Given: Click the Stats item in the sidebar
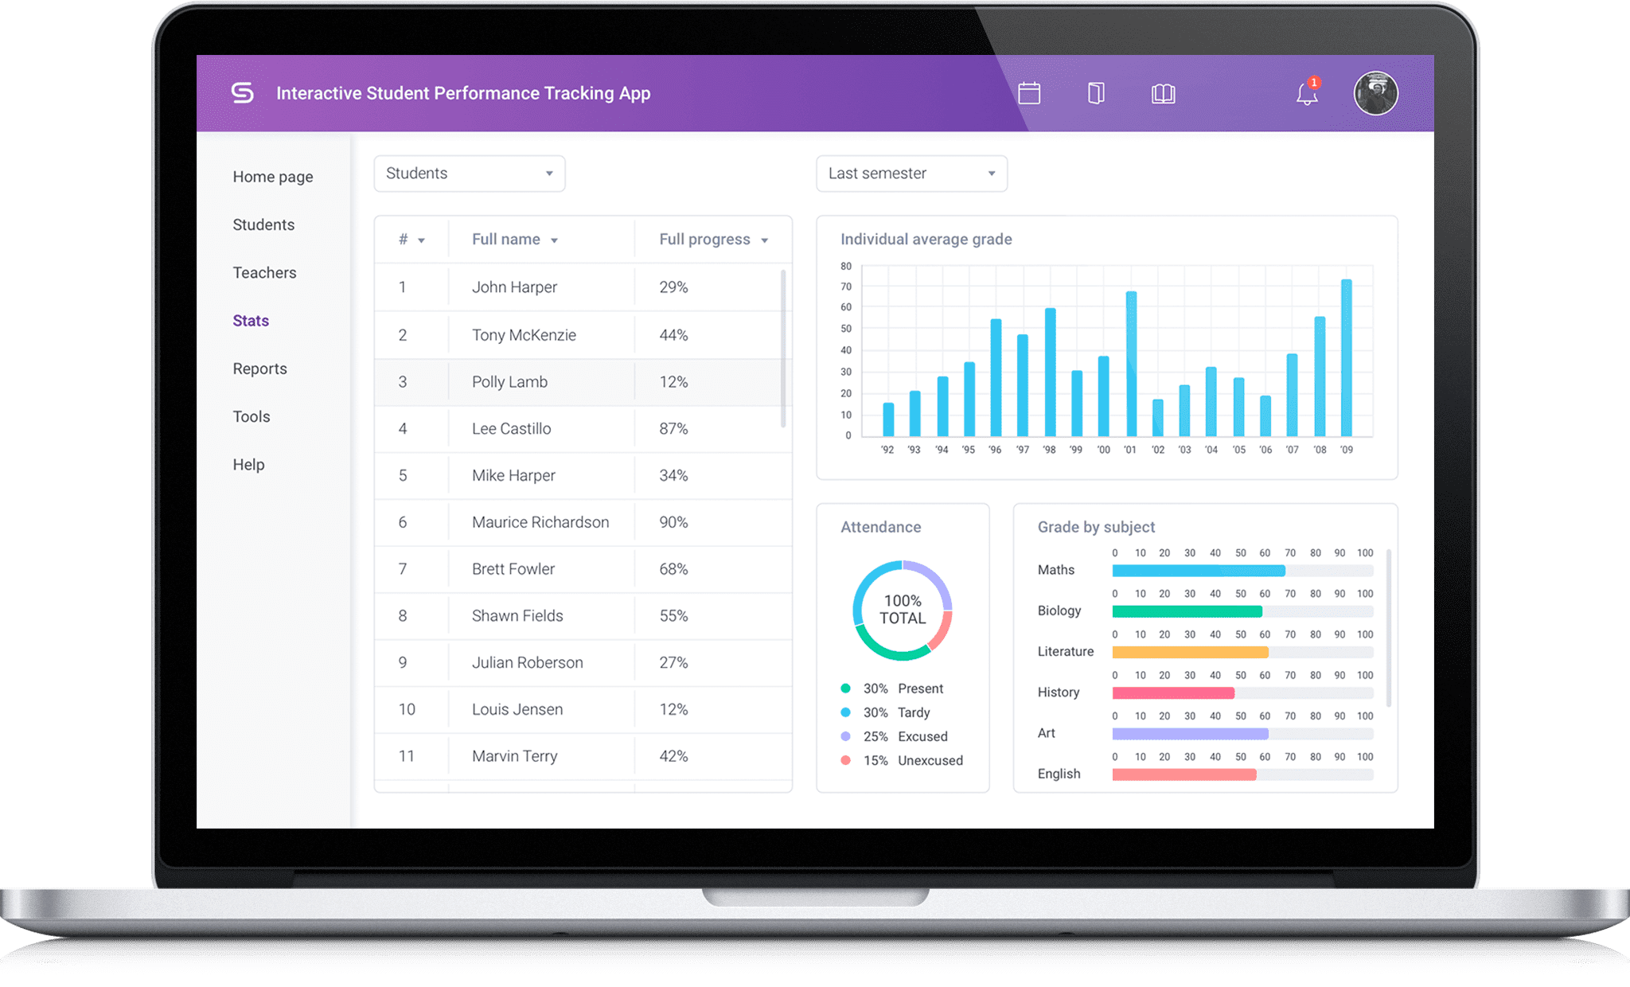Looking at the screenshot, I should [251, 321].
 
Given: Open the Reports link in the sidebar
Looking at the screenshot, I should [259, 369].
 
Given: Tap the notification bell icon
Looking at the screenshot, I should [1307, 94].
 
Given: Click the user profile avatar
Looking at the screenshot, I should [1375, 93].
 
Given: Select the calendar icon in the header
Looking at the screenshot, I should [1029, 93].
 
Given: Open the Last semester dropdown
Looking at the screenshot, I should [911, 174].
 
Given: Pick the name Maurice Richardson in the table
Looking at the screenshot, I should [540, 522].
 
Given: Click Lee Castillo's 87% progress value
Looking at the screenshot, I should [673, 429].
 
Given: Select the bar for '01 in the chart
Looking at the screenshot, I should [1131, 364].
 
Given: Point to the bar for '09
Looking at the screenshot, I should [1346, 357].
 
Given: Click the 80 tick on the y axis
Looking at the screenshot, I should [846, 266].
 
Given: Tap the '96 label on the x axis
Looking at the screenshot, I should [995, 450].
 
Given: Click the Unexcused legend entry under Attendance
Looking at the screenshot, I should [930, 760].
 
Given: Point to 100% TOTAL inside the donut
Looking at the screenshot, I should [903, 610].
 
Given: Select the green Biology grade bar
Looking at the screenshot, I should [1187, 611].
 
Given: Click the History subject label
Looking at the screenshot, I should [1058, 692].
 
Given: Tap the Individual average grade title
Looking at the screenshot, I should [926, 240].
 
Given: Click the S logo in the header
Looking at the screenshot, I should [242, 93].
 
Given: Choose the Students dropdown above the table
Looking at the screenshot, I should [469, 174].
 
